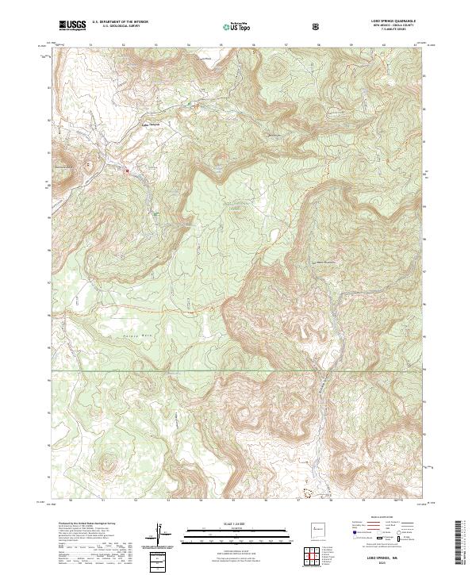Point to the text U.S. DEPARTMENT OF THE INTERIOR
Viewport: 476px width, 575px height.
[x=120, y=22]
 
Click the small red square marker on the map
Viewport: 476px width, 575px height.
[x=126, y=168]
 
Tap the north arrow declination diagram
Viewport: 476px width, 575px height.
[x=163, y=535]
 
